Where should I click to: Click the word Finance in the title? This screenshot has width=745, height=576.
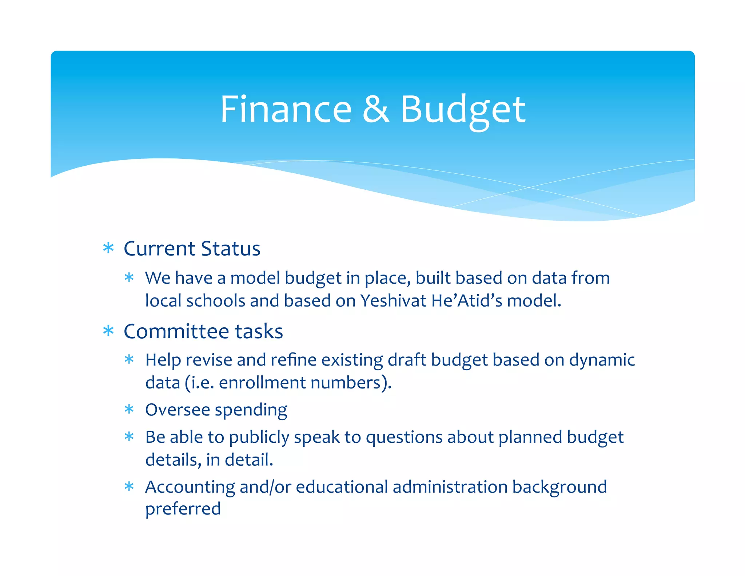pos(286,109)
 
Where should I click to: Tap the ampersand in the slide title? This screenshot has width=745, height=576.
pos(376,109)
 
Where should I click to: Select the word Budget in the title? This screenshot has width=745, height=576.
pos(463,109)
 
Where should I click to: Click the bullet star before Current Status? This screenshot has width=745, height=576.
pos(108,248)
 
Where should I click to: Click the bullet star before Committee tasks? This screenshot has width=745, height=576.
pos(108,331)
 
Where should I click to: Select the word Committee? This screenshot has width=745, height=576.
pos(177,331)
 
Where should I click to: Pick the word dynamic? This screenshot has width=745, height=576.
pos(602,360)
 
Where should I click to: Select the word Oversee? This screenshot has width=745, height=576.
pos(178,410)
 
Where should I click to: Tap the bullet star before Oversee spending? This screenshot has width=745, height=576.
pos(129,410)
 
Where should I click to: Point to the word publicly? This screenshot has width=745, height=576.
pos(259,437)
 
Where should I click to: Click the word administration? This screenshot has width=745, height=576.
pos(450,487)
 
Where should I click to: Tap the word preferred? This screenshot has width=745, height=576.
pos(183,509)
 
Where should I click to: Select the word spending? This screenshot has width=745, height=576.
pos(251,410)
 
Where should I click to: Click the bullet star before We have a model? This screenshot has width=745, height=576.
pos(129,278)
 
